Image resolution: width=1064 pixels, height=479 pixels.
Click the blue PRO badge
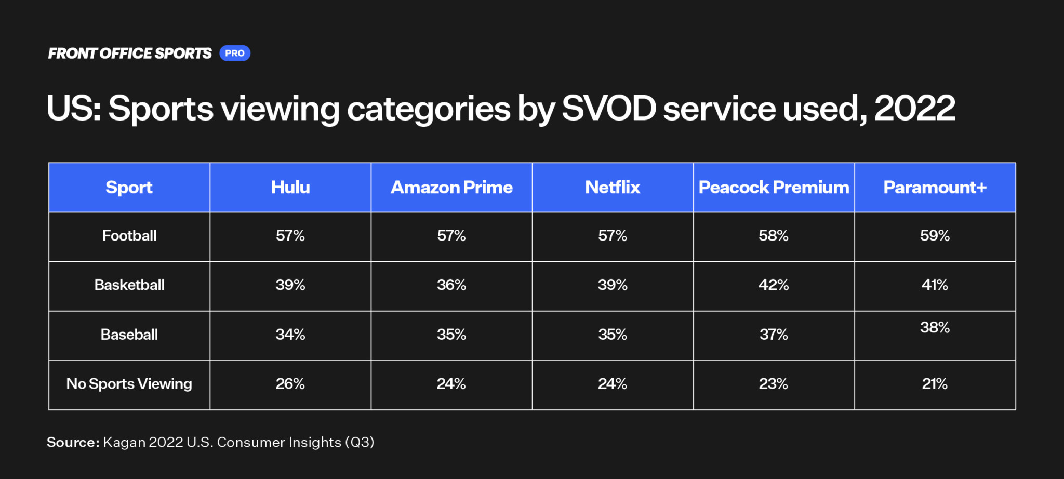pos(235,54)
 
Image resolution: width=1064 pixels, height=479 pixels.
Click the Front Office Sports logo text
pos(130,54)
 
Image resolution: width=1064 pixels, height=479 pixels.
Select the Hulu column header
pos(290,187)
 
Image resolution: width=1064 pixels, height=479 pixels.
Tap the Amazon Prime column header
pos(451,187)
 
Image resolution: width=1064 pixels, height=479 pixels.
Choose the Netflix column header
pos(613,187)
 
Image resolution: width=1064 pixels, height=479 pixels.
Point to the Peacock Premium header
pos(774,187)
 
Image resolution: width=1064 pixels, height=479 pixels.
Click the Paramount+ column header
pos(935,187)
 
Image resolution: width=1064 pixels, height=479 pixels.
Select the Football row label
pos(129,236)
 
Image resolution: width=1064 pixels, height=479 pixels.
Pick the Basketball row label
pos(129,285)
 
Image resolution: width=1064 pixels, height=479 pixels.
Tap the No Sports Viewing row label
pos(129,384)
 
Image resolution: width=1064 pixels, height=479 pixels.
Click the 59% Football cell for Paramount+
pos(935,236)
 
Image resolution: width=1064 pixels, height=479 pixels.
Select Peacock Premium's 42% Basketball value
pos(774,285)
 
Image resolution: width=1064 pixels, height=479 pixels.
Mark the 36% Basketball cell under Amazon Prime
pos(451,285)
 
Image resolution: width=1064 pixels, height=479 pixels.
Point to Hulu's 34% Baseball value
pos(290,335)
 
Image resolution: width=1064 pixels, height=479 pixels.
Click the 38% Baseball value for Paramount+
pos(935,328)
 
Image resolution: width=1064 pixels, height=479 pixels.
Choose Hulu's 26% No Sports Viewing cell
pos(290,384)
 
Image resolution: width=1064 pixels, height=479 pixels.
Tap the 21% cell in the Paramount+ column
pos(935,384)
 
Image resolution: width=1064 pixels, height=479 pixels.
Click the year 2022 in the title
pos(914,109)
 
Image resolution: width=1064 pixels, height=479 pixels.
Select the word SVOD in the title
pos(609,109)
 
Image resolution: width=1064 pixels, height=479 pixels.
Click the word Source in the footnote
pos(73,442)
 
